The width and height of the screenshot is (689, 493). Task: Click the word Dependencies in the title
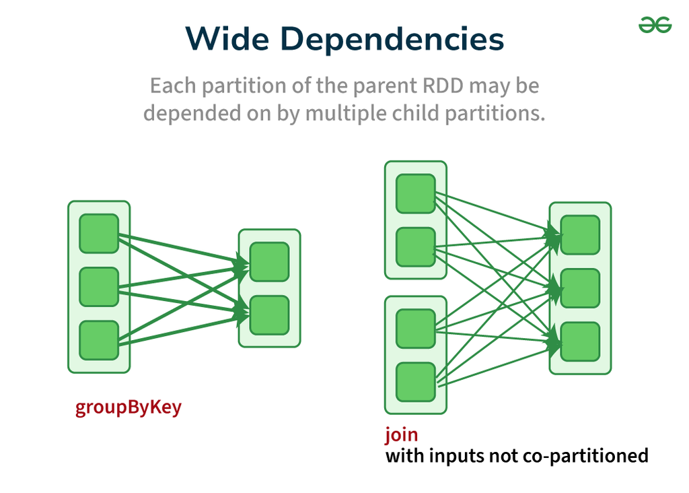point(392,39)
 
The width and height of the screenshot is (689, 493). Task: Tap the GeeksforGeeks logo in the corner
point(655,25)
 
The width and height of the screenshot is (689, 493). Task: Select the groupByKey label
point(128,407)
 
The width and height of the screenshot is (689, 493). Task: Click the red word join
point(401,434)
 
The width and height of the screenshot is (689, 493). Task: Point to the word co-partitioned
point(585,456)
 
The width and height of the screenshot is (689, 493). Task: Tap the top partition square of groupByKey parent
point(99,234)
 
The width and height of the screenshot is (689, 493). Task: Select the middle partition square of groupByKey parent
point(99,287)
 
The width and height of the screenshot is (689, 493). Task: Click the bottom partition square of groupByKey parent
point(99,340)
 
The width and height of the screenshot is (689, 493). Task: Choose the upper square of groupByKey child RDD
point(269,262)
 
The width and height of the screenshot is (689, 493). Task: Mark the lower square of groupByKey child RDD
point(269,315)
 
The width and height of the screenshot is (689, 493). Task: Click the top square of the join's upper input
point(415,194)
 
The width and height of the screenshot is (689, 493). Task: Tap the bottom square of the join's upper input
point(415,247)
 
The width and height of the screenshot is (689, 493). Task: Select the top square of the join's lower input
point(415,329)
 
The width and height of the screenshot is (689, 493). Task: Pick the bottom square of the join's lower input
point(415,382)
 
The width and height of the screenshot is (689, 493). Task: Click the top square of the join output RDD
point(580,235)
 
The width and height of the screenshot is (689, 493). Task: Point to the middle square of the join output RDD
point(580,288)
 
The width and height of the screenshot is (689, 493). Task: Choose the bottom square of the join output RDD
point(580,341)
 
